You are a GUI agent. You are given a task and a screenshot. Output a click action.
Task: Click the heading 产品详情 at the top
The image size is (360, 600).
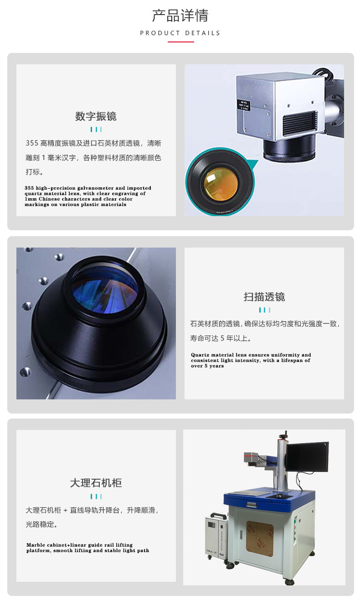click(x=180, y=16)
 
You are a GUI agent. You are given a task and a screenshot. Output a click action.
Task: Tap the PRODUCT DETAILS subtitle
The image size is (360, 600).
click(x=180, y=33)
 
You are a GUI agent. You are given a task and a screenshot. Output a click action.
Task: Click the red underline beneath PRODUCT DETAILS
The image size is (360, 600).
click(x=180, y=42)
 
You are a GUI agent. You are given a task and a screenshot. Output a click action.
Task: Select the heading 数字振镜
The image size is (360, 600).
click(x=96, y=116)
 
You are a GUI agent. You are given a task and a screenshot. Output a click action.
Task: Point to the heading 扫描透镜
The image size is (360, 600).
click(x=264, y=297)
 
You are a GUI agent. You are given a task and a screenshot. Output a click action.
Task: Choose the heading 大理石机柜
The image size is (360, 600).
click(x=96, y=483)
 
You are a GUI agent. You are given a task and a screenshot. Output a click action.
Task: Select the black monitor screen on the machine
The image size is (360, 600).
click(x=307, y=457)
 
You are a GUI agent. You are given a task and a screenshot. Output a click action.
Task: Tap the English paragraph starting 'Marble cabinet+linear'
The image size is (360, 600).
click(x=87, y=548)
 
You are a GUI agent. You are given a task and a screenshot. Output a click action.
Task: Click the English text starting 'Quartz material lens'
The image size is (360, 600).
click(x=251, y=360)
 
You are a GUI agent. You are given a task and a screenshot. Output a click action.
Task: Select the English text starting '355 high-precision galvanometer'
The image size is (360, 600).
click(x=88, y=196)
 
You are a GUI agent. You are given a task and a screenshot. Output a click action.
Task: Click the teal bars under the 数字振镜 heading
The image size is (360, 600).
click(x=96, y=129)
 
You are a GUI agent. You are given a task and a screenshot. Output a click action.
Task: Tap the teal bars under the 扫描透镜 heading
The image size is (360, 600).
click(x=264, y=310)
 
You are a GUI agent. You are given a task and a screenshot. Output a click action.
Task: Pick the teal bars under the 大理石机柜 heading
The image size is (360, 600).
click(x=96, y=496)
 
